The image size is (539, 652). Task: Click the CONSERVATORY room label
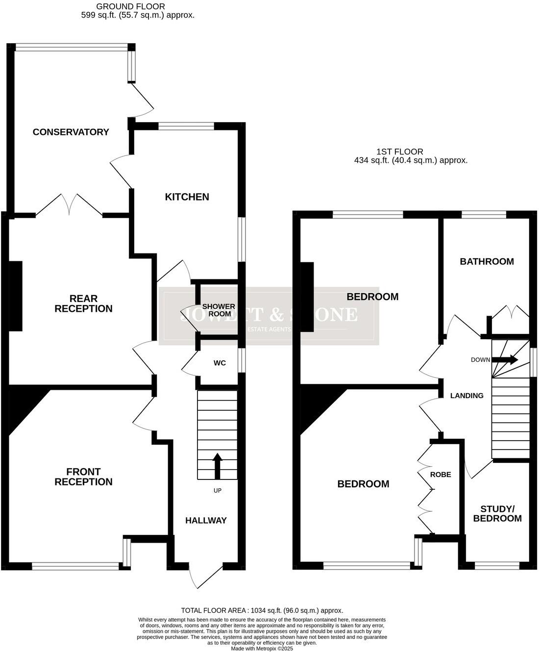(71, 132)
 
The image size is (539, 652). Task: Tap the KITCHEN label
(187, 197)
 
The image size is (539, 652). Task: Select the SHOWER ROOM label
(219, 310)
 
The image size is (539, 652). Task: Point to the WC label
(220, 363)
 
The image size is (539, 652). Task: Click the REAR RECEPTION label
(83, 303)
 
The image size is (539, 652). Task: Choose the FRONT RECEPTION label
(83, 476)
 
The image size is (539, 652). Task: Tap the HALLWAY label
(206, 520)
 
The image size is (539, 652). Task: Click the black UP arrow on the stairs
(217, 465)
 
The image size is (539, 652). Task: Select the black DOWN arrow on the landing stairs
(505, 359)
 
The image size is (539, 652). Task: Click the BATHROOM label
(487, 261)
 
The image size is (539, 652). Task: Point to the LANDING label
(466, 396)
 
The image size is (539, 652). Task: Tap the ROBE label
(441, 474)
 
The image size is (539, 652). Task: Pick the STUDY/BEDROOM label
(497, 513)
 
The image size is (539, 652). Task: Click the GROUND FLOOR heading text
(130, 6)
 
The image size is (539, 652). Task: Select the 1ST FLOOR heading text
(400, 151)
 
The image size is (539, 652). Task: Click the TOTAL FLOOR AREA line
(262, 610)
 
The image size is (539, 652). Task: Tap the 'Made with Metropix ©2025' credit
(262, 648)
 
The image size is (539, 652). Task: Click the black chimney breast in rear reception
(16, 296)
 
